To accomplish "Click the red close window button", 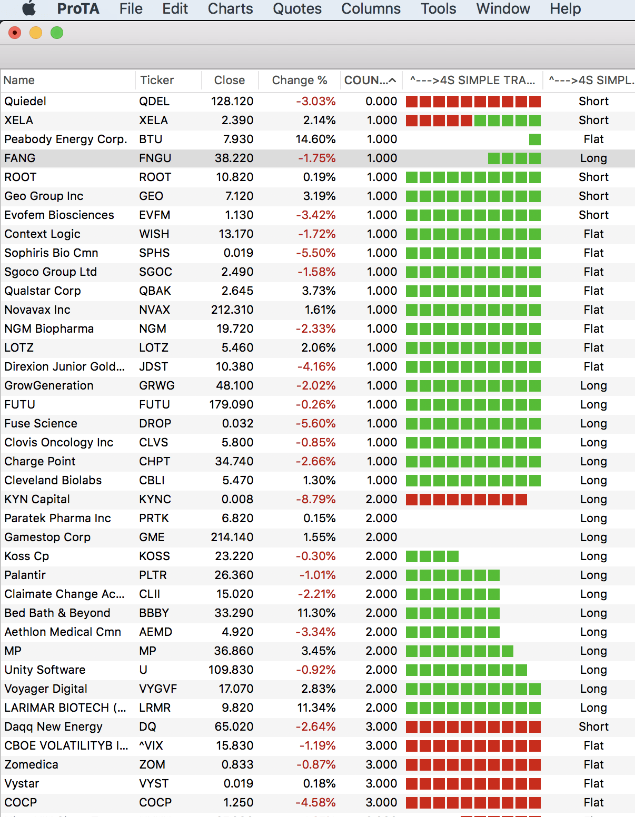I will click(15, 33).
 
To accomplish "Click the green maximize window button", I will click(57, 33).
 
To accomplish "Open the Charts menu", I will click(230, 9).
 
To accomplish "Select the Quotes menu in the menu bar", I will click(297, 9).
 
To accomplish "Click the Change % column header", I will click(299, 81).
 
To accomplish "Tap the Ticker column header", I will click(157, 81).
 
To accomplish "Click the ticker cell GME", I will click(152, 537).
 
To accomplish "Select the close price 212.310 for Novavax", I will click(232, 310).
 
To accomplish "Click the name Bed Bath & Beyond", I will click(57, 613).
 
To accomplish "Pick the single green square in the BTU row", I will click(534, 140).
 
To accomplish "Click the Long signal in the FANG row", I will click(593, 158).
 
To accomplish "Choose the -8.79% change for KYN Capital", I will click(315, 500).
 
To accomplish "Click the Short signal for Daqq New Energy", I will click(593, 727).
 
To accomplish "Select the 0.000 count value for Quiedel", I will click(381, 102).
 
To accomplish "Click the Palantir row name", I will click(25, 575).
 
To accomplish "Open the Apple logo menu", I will click(29, 8).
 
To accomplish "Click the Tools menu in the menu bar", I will click(438, 9).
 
